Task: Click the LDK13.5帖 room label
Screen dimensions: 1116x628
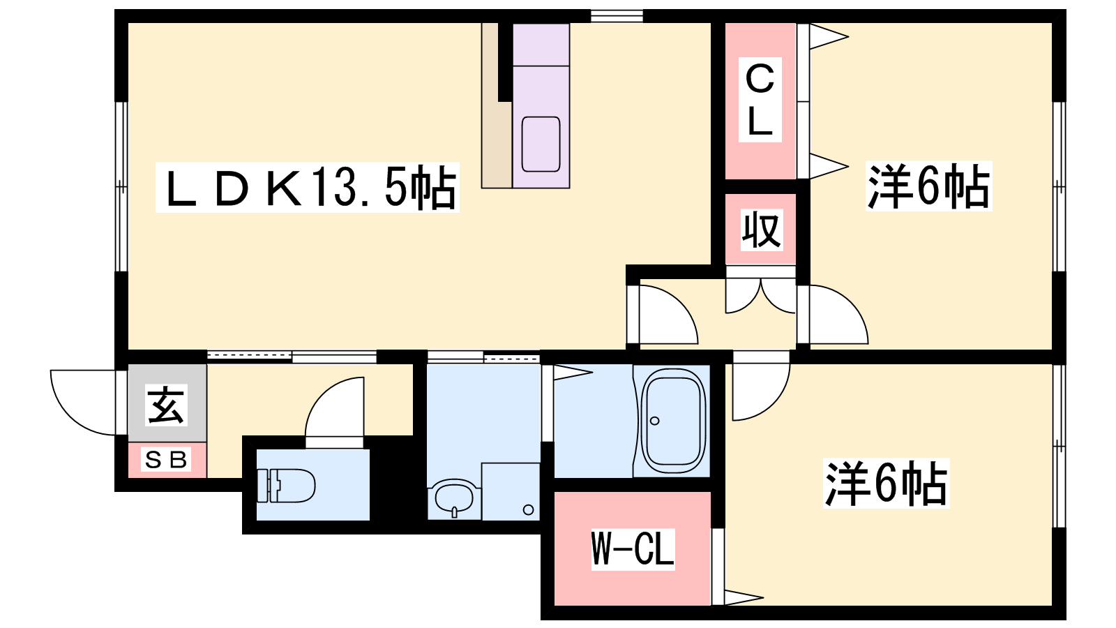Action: [308, 188]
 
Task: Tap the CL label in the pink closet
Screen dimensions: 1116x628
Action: [760, 100]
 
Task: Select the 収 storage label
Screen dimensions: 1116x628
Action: [761, 230]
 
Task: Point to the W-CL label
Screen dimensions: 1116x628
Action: [633, 549]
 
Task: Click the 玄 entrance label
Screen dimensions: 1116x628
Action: [167, 405]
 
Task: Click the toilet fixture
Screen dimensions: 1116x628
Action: [285, 485]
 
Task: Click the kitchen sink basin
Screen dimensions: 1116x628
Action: [541, 144]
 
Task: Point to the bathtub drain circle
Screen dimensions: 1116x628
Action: [655, 421]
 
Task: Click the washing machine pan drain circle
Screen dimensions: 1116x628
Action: [529, 510]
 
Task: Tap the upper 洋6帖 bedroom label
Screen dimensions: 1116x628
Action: [928, 186]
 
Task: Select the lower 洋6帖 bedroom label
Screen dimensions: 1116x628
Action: [887, 484]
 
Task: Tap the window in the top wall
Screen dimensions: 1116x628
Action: [617, 16]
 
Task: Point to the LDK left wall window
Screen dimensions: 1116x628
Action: [121, 187]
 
